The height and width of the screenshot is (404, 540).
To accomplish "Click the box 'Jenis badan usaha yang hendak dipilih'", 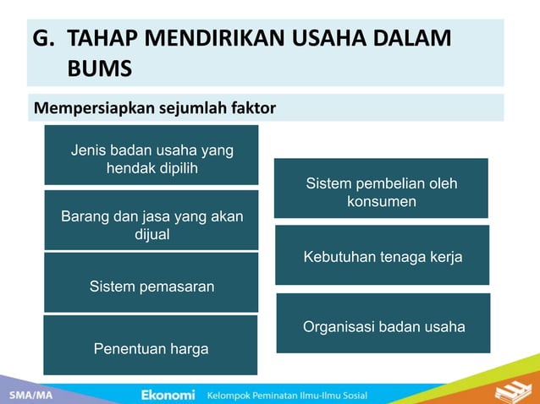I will pyautogui.click(x=151, y=156).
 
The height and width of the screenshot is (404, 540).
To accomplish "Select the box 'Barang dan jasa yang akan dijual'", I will pyautogui.click(x=151, y=221).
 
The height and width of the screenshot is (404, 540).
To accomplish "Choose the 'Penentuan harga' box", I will pyautogui.click(x=151, y=346).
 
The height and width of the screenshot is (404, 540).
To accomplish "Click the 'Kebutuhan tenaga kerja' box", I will pyautogui.click(x=382, y=255).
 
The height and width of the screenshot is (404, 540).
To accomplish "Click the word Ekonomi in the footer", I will pyautogui.click(x=168, y=395).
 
